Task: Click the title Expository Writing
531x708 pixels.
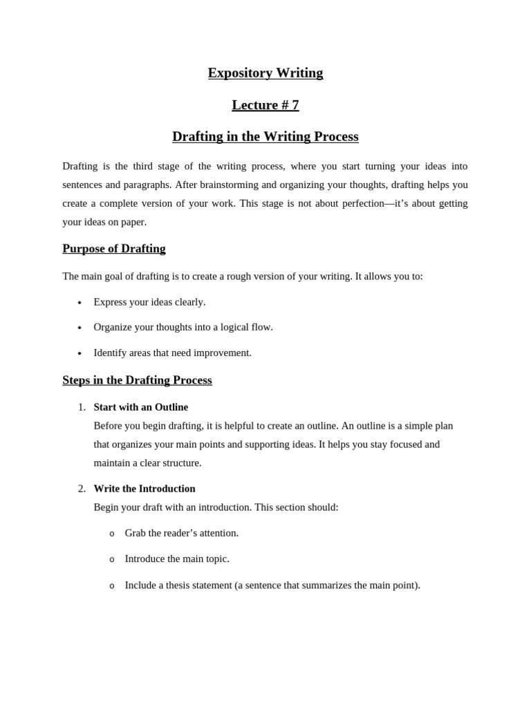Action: pos(265,73)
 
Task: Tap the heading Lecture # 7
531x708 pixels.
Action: pos(265,105)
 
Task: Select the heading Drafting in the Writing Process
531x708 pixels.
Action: pos(265,137)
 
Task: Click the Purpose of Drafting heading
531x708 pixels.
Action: pos(114,249)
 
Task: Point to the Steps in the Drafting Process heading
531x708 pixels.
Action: pos(137,380)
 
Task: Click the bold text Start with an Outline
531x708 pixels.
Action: pos(140,407)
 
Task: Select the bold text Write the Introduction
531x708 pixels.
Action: pos(145,489)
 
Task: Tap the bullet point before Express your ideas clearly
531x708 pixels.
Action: pos(80,303)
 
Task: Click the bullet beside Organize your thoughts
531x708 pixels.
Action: pos(80,328)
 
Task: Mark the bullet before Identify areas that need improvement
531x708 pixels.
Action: pos(80,353)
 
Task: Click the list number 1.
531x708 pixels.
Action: pos(82,407)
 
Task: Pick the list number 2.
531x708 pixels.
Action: pos(82,489)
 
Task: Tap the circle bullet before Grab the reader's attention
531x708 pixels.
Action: pos(112,534)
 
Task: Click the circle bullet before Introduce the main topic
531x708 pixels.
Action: pos(112,559)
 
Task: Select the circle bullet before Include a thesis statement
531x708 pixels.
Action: pos(112,586)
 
